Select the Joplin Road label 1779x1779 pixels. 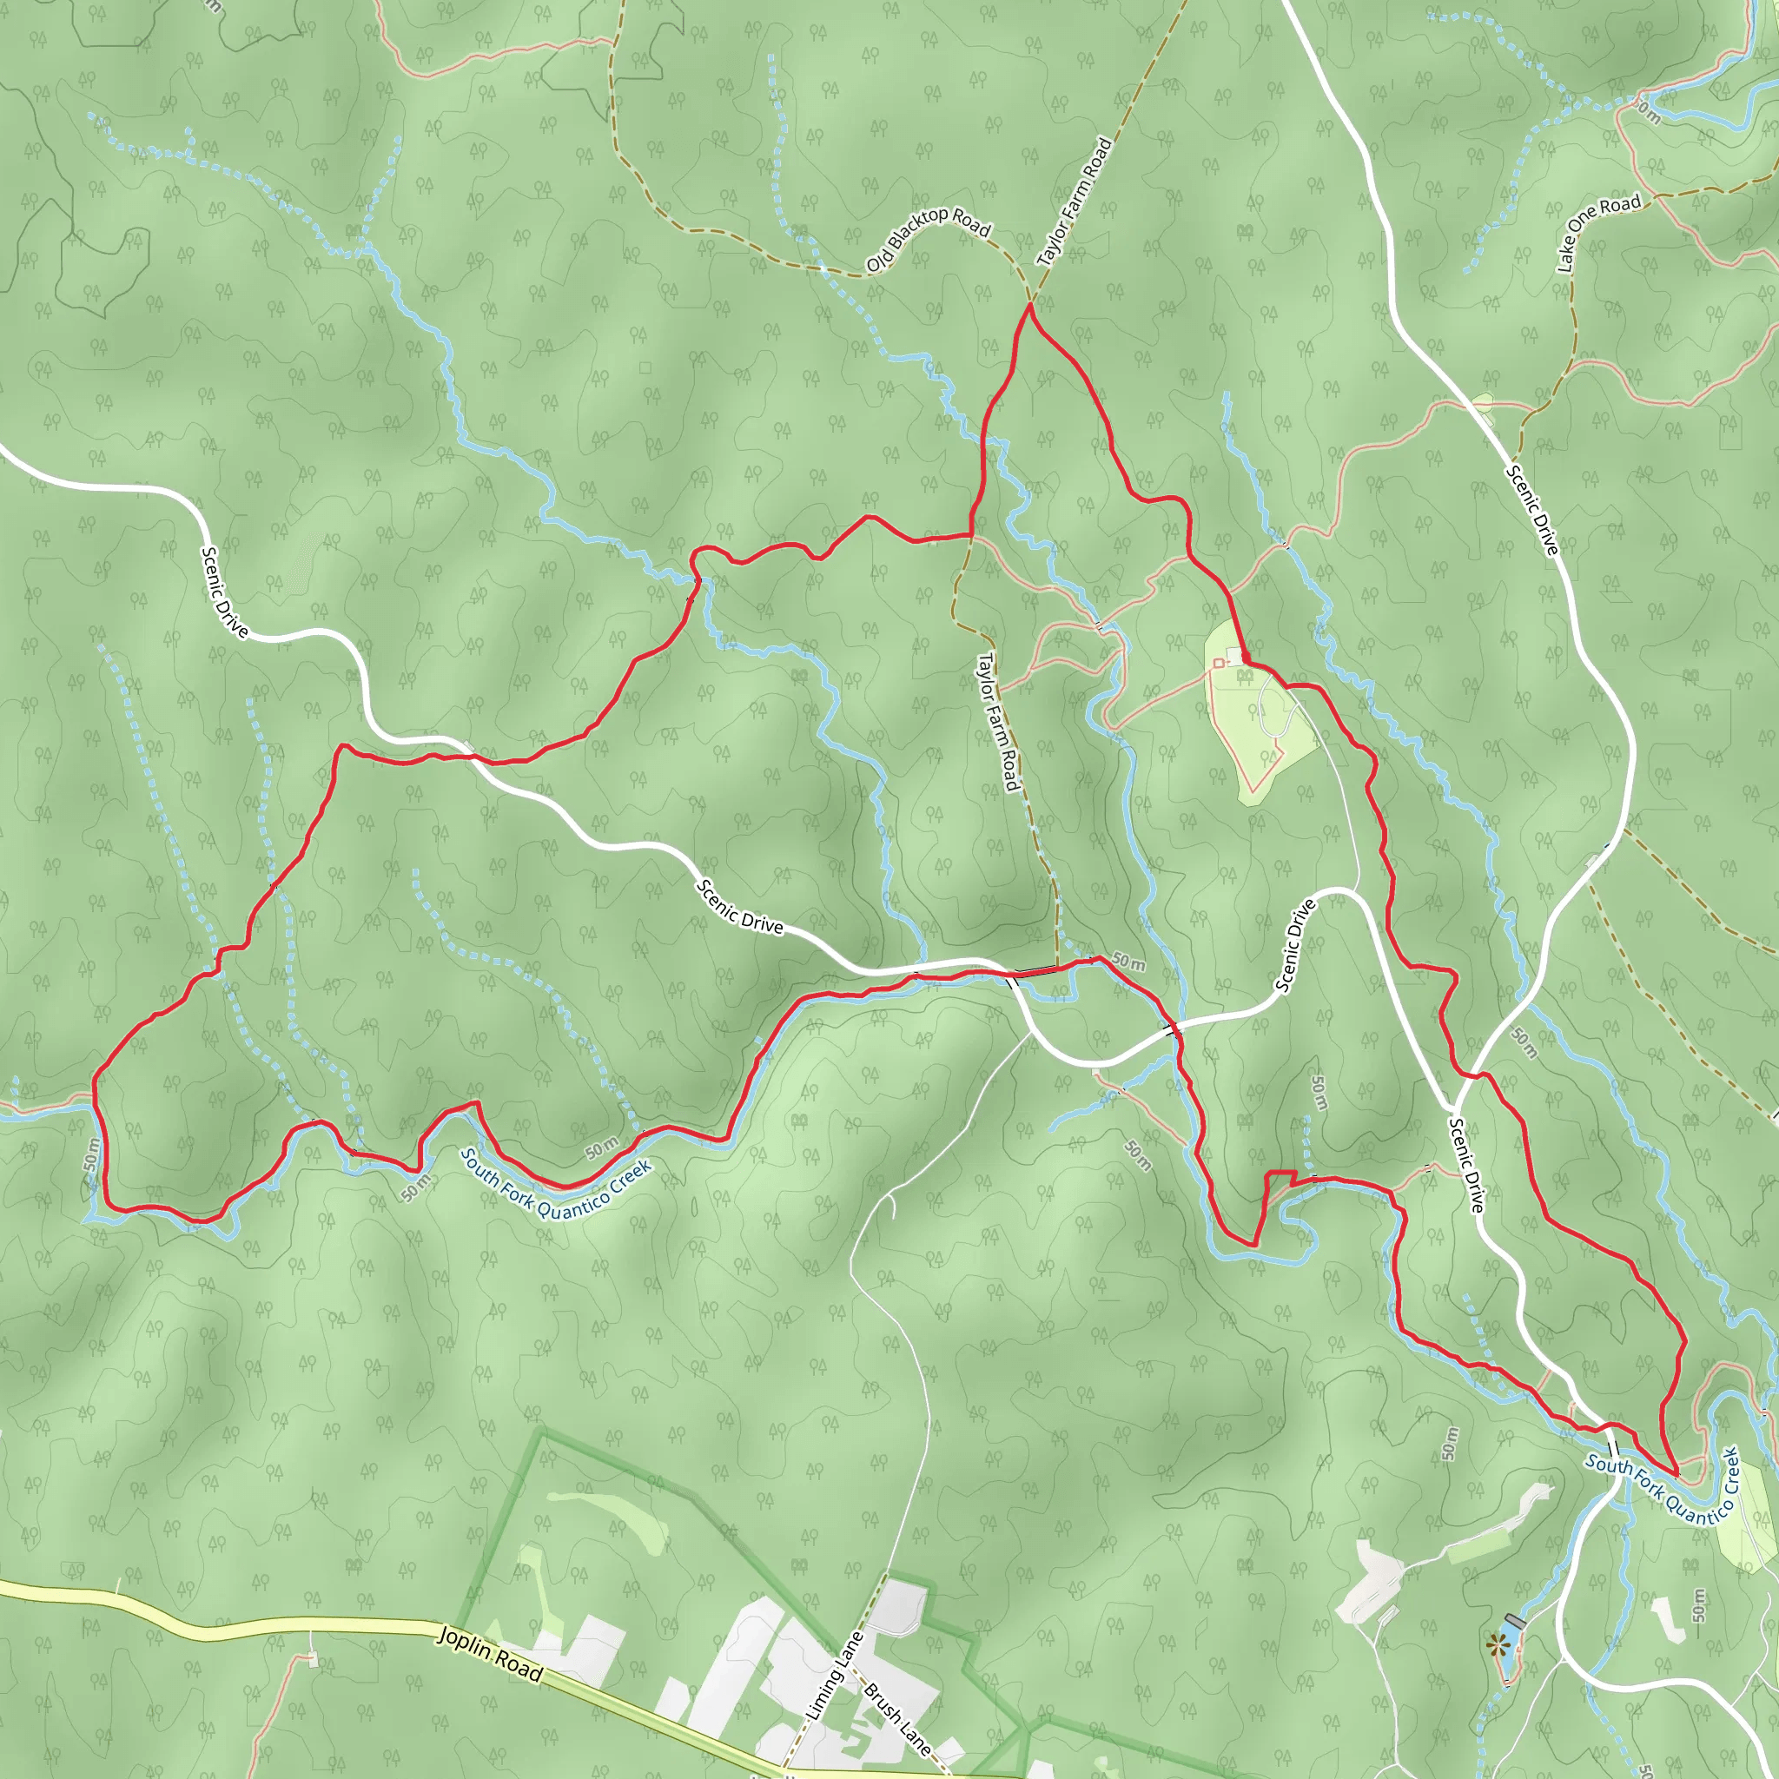[490, 1653]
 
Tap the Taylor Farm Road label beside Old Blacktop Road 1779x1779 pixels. [1075, 202]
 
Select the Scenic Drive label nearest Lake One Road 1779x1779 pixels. [1532, 510]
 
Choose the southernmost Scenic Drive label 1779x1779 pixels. [1467, 1164]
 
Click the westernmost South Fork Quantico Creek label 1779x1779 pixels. [556, 1182]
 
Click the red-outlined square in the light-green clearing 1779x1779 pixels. [1218, 663]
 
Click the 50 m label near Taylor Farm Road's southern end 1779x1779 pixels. [1128, 962]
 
